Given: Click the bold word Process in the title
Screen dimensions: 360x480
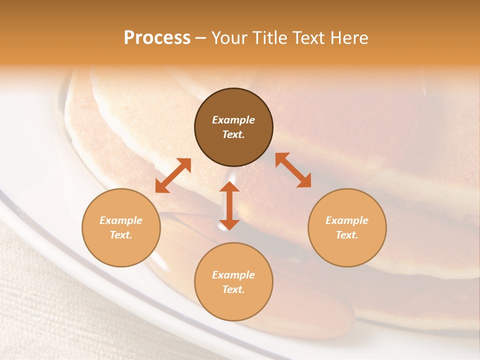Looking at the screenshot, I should point(157,38).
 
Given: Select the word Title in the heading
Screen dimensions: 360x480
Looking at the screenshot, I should point(270,38).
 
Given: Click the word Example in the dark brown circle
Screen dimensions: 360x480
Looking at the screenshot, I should point(233,120).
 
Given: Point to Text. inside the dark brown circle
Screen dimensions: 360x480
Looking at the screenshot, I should point(233,134).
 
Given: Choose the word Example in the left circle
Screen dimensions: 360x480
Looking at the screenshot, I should point(121,220).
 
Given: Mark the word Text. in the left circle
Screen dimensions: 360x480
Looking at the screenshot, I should point(121,235).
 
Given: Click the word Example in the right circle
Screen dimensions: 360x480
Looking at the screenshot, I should point(347,220).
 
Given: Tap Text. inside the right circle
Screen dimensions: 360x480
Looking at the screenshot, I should point(347,235).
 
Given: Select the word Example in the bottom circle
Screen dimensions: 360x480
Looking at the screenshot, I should point(233,275).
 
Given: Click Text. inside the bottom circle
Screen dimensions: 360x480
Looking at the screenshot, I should point(233,289).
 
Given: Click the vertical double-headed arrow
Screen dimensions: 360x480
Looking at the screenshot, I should point(229,205).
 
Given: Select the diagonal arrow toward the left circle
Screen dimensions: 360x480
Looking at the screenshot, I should point(173,175).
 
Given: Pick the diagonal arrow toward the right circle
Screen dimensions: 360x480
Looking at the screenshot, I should point(293,170).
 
